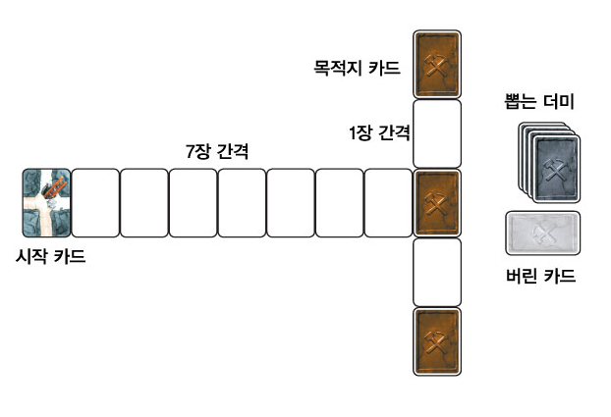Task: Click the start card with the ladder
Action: (x=46, y=202)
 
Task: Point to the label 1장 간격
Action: (x=379, y=131)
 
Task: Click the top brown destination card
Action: (x=437, y=65)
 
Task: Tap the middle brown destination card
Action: (x=437, y=202)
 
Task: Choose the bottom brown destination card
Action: (x=437, y=340)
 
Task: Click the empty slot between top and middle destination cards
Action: (x=437, y=133)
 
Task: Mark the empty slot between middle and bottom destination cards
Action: (x=437, y=272)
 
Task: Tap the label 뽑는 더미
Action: (x=542, y=101)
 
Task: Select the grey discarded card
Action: (x=542, y=234)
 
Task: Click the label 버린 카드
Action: (x=542, y=277)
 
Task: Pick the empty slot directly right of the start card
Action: (x=95, y=202)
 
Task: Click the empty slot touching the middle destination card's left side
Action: (x=388, y=202)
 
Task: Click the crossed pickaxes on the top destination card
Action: (x=437, y=65)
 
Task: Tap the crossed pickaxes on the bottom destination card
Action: (x=437, y=341)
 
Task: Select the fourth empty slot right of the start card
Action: (x=242, y=202)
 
